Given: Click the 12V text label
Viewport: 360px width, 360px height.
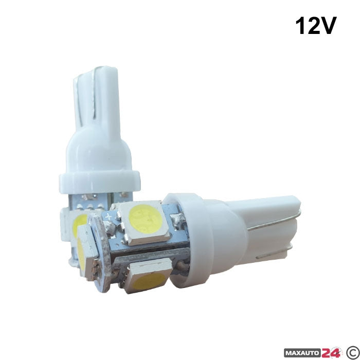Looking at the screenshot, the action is (x=316, y=26).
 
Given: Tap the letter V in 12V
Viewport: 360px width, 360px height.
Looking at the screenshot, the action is (x=327, y=26).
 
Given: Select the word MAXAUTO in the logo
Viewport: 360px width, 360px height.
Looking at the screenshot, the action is (x=302, y=354).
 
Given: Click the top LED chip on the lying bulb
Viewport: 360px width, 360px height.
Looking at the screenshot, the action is (x=145, y=222).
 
